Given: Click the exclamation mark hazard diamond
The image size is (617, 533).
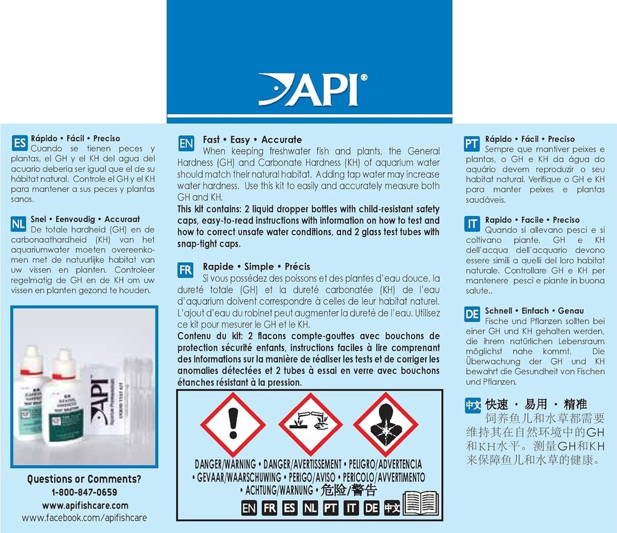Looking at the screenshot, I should (233, 424).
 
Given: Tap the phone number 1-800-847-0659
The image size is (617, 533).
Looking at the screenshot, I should (85, 492).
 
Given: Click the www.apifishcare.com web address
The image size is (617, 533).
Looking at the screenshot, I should (85, 505).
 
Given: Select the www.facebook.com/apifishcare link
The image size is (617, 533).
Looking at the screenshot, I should (85, 518).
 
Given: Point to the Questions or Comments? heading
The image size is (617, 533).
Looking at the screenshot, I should (85, 479).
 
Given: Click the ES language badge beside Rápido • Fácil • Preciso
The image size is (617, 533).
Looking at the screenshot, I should (20, 144).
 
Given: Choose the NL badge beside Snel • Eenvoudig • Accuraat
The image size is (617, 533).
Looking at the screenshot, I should (20, 224).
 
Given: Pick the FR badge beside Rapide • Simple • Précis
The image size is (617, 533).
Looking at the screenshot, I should (185, 271).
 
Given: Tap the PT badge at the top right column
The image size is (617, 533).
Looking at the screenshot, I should (472, 144).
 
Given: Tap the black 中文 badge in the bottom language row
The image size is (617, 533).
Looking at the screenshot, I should (392, 508).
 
